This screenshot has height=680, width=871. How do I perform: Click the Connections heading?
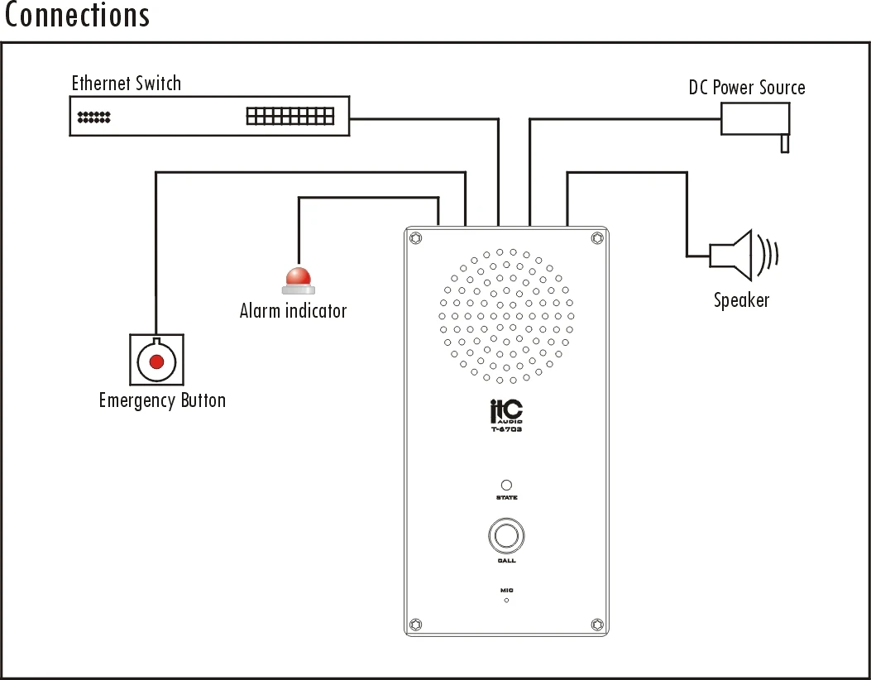[x=77, y=16]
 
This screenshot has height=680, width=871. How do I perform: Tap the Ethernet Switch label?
[x=126, y=84]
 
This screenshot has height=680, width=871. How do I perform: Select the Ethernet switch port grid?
[x=290, y=116]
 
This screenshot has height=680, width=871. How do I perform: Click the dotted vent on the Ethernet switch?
[x=93, y=117]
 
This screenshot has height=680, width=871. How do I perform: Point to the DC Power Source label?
[x=746, y=88]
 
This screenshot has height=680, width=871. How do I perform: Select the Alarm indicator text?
[x=293, y=311]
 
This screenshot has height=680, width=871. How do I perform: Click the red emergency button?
[x=156, y=360]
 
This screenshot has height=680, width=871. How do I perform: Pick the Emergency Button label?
[x=162, y=400]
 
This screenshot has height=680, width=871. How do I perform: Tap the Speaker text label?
[x=741, y=300]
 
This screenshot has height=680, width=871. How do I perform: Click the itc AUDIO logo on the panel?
[x=506, y=410]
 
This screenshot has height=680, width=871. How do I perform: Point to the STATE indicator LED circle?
[x=506, y=486]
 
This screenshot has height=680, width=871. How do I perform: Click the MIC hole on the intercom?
[x=506, y=600]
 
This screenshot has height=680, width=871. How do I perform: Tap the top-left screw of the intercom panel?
[x=416, y=238]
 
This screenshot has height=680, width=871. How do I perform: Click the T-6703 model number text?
[x=506, y=429]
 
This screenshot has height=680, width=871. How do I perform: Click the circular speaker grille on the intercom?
[x=506, y=316]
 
